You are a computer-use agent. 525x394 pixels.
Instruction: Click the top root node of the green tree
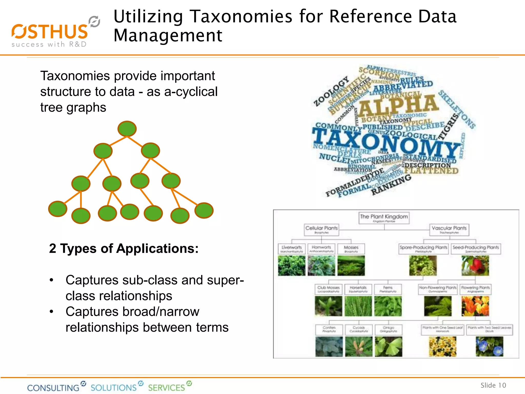(x=127, y=129)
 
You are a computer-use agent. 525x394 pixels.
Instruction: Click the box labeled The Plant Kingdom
(x=384, y=218)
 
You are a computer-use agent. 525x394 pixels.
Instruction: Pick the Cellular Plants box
(x=321, y=230)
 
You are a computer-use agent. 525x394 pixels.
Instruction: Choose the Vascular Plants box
(x=449, y=230)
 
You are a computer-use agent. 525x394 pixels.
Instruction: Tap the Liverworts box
(x=291, y=249)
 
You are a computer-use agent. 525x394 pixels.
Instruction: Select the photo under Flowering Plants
(x=475, y=306)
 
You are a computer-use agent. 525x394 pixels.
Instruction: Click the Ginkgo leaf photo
(x=388, y=346)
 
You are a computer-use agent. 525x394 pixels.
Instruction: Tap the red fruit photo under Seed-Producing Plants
(x=475, y=266)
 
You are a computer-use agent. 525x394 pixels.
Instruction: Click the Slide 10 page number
(x=493, y=385)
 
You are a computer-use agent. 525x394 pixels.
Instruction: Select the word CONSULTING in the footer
(x=53, y=388)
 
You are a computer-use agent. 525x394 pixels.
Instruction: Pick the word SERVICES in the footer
(x=166, y=388)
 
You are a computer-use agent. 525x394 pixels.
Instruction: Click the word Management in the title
(x=168, y=35)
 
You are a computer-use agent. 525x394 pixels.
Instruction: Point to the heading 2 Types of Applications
(x=124, y=248)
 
